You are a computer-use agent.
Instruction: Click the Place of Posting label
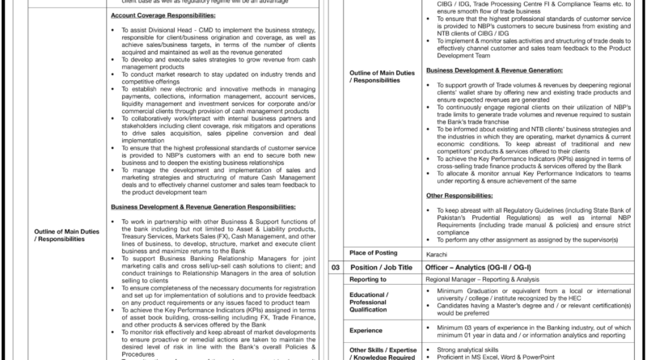(x=367, y=253)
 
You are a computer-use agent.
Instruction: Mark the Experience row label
(x=369, y=330)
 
